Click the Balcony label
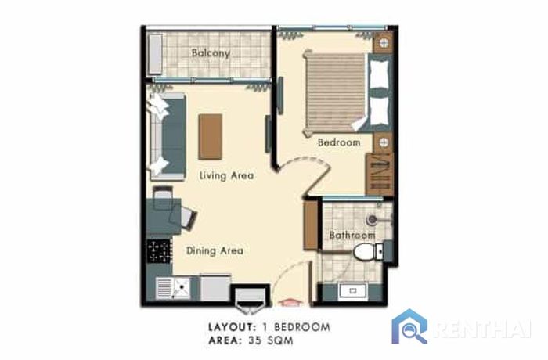(x=211, y=53)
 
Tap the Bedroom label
(x=339, y=142)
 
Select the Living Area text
(x=226, y=175)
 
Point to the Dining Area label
(x=215, y=250)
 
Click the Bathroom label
(x=352, y=236)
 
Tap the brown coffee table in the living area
(x=210, y=137)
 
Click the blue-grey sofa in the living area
(x=168, y=136)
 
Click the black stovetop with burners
(x=160, y=251)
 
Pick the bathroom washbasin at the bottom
(x=353, y=291)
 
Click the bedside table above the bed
(x=384, y=43)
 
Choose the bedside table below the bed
(x=384, y=142)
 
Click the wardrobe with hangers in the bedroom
(x=380, y=174)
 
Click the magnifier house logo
(x=409, y=326)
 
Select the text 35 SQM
(x=271, y=340)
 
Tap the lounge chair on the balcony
(x=155, y=54)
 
